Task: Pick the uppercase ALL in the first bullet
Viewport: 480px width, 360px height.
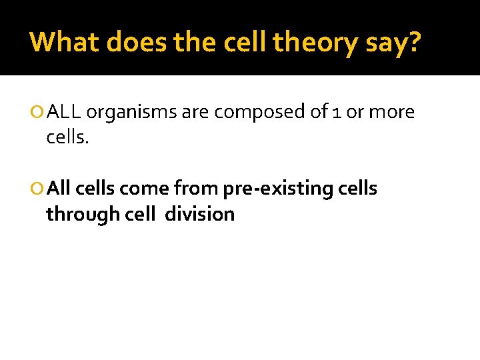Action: [x=65, y=112]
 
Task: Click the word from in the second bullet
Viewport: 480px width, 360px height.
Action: [x=196, y=189]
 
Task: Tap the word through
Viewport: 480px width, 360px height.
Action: [x=77, y=215]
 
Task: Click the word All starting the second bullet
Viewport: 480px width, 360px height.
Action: [x=59, y=189]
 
